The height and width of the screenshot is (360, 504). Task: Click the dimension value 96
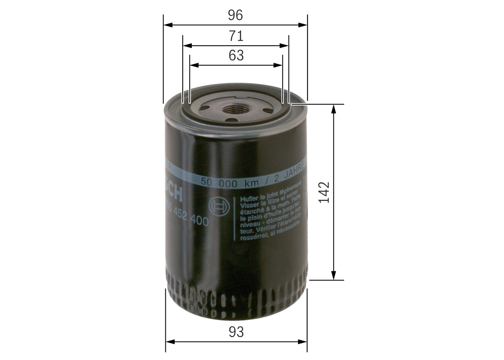pos(235,15)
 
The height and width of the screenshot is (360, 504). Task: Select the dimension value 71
pos(236,36)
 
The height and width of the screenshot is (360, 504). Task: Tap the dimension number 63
pos(236,56)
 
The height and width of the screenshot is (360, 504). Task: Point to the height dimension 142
pos(324,192)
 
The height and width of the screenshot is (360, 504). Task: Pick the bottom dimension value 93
pos(236,332)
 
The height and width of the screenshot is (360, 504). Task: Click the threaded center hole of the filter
pos(235,109)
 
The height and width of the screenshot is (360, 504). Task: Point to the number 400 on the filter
pos(199,222)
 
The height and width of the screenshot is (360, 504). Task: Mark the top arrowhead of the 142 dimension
pos(334,108)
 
